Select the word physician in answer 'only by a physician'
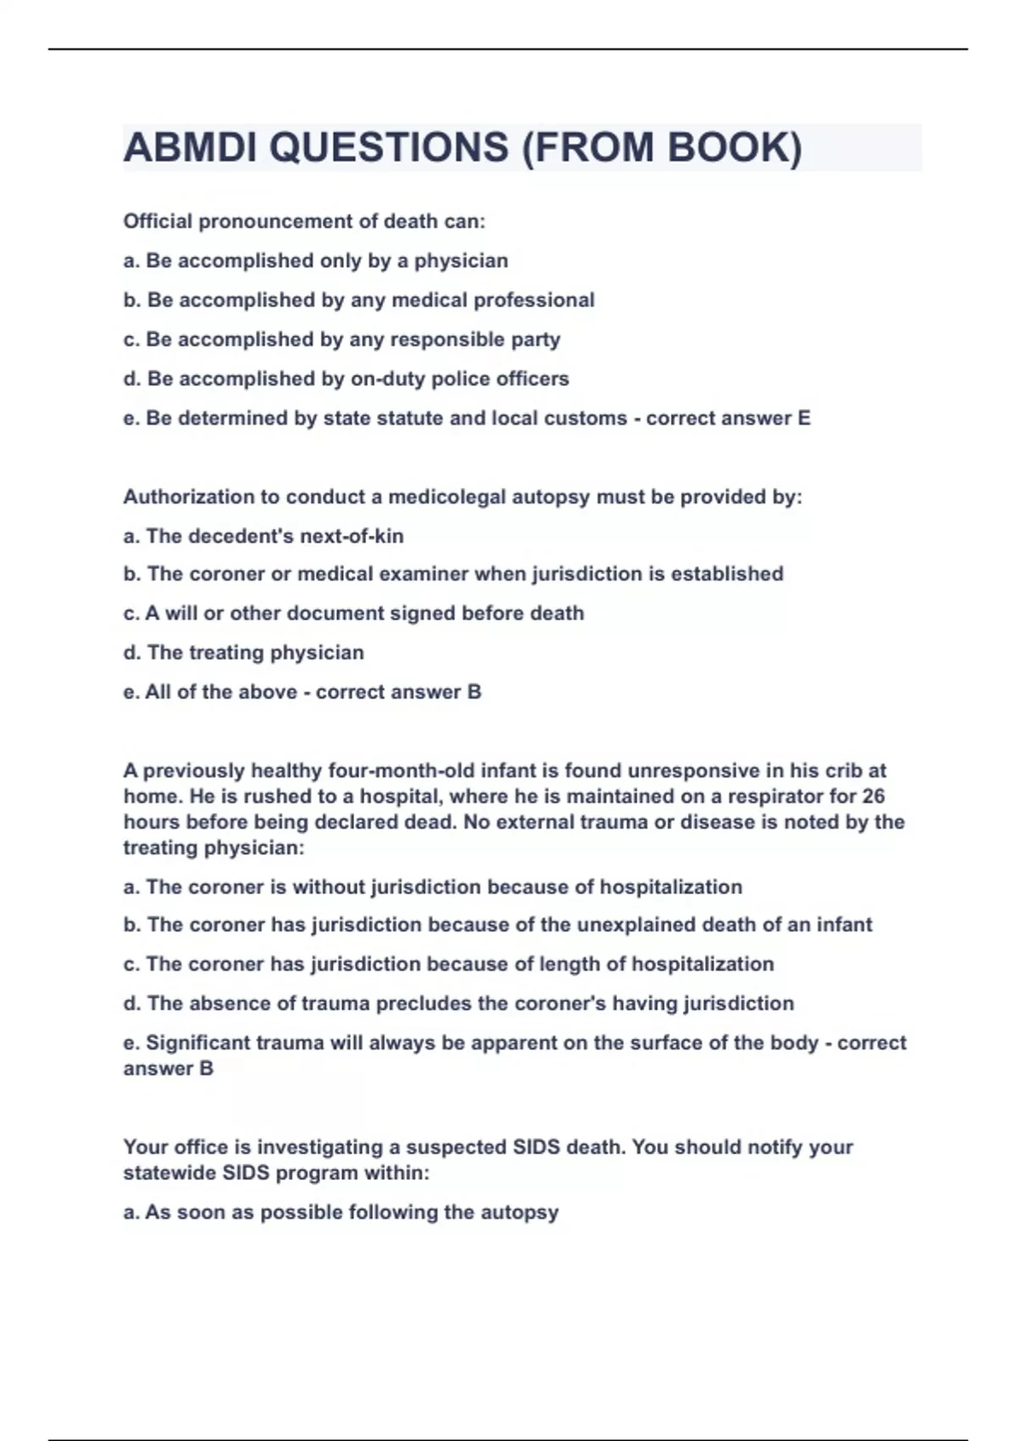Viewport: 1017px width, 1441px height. click(461, 261)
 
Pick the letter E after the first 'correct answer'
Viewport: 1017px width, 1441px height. click(803, 419)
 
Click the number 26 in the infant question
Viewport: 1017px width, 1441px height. click(873, 797)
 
